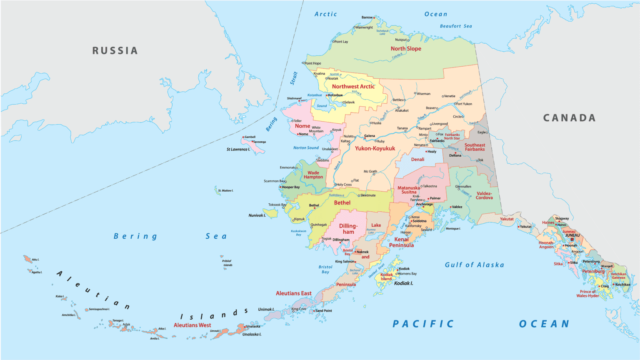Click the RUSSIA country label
(x=115, y=51)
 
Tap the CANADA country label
(x=569, y=118)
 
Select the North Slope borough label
(x=406, y=49)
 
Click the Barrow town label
(x=367, y=17)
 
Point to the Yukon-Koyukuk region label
(x=375, y=148)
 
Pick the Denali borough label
(x=417, y=160)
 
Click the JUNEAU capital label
(x=572, y=235)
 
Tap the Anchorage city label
(x=425, y=204)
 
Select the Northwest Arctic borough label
(x=353, y=87)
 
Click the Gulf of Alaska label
(x=474, y=265)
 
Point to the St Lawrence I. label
(x=238, y=149)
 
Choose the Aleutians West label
(x=192, y=325)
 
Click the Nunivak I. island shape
(x=271, y=213)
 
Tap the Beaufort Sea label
(x=456, y=26)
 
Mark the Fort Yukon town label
(x=464, y=104)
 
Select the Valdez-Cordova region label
(x=484, y=195)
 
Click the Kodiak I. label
(x=404, y=283)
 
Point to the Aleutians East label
(x=294, y=293)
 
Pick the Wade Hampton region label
(x=313, y=175)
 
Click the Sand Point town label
(x=324, y=311)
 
